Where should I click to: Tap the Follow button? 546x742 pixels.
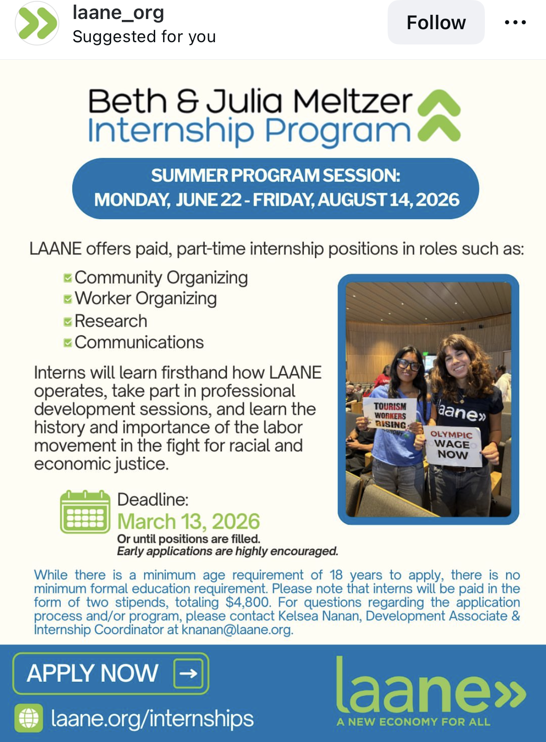[x=436, y=22]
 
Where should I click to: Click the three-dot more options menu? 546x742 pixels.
[x=515, y=22]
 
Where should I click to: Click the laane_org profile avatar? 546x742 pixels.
[x=37, y=23]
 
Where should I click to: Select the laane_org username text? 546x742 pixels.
[x=118, y=13]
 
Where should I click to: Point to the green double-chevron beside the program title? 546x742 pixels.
[x=439, y=115]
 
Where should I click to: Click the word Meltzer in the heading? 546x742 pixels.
[x=353, y=101]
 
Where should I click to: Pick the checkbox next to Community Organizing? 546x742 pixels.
[x=68, y=278]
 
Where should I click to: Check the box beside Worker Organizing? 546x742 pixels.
[x=68, y=299]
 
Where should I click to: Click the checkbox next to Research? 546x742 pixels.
[x=68, y=322]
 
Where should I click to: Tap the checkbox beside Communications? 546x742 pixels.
[x=68, y=343]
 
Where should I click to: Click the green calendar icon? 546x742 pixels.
[x=85, y=512]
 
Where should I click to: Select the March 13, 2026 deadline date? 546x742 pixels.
[x=188, y=521]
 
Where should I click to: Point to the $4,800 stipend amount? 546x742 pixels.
[x=248, y=602]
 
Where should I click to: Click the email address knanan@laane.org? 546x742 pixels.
[x=237, y=629]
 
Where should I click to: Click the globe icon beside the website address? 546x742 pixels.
[x=29, y=718]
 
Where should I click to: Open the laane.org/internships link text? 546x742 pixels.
[x=152, y=718]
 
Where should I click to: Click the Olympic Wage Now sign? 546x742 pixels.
[x=452, y=445]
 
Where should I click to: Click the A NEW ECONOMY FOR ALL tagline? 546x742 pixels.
[x=413, y=722]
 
